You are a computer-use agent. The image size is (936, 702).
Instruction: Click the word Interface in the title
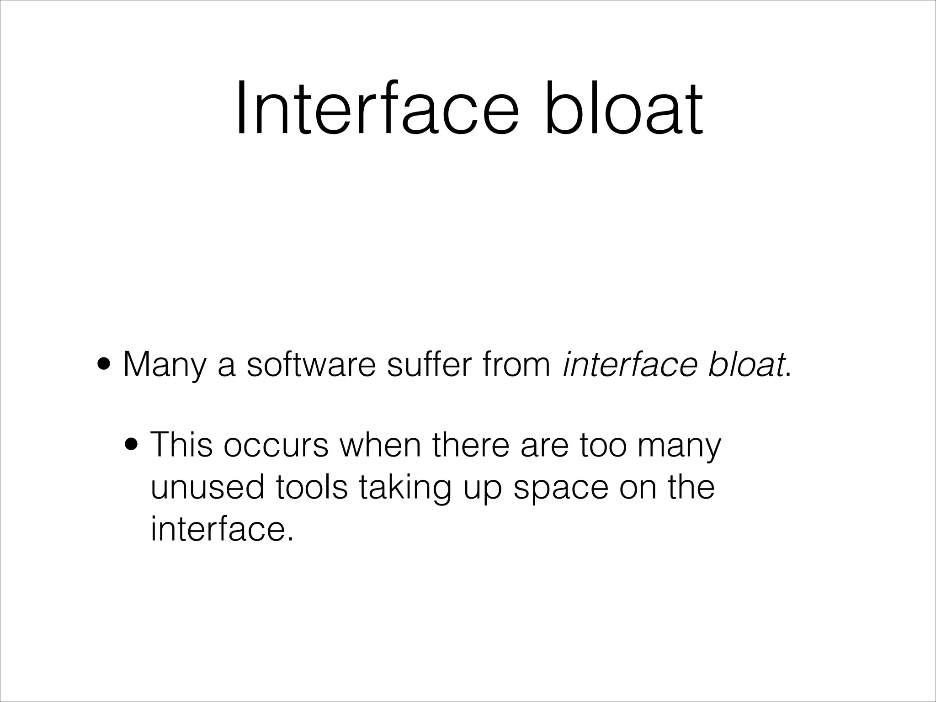pyautogui.click(x=377, y=108)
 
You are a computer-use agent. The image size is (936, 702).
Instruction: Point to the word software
pyautogui.click(x=311, y=364)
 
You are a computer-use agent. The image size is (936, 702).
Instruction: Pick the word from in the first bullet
pyautogui.click(x=517, y=364)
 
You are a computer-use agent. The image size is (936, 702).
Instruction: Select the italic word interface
pyautogui.click(x=630, y=364)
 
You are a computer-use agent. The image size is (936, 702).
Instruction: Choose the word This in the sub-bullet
pyautogui.click(x=181, y=444)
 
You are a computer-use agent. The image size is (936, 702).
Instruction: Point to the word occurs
pyautogui.click(x=276, y=445)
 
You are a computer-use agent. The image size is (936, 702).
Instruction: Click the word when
pyautogui.click(x=380, y=444)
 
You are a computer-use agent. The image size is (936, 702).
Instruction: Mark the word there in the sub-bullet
pyautogui.click(x=470, y=444)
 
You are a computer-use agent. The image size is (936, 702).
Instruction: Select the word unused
pyautogui.click(x=207, y=487)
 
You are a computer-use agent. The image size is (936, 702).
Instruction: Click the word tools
pyautogui.click(x=312, y=487)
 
